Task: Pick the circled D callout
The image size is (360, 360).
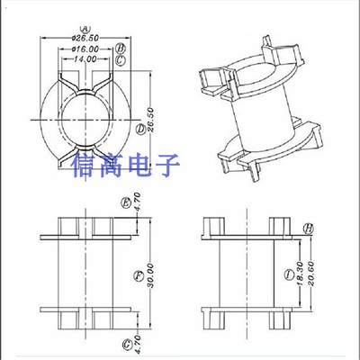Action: click(x=141, y=129)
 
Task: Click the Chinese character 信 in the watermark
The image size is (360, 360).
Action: click(x=84, y=167)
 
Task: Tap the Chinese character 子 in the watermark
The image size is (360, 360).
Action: click(x=168, y=167)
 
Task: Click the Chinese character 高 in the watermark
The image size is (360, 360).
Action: click(x=112, y=167)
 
